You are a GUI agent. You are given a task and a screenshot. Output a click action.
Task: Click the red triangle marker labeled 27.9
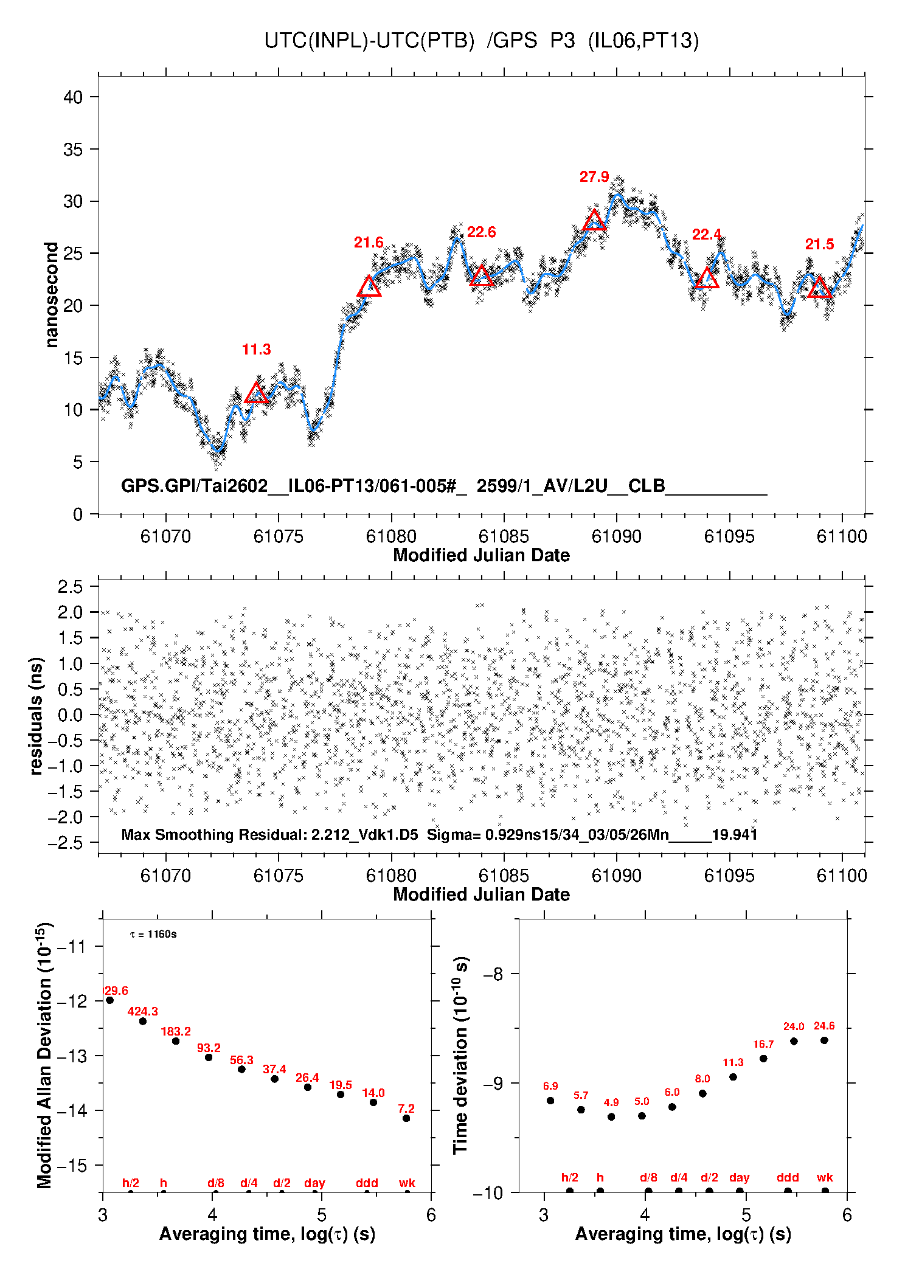[x=594, y=221]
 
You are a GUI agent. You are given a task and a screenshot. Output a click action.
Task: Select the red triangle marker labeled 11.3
[x=256, y=393]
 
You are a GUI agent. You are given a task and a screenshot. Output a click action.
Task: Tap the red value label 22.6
[x=481, y=232]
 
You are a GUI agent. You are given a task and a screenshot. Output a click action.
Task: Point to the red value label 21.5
[x=819, y=244]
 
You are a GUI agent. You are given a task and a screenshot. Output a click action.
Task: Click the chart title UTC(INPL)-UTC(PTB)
[x=369, y=41]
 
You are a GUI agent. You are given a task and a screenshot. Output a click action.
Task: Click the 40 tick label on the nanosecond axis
[x=73, y=97]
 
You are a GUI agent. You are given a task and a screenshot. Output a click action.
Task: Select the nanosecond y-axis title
[x=51, y=295]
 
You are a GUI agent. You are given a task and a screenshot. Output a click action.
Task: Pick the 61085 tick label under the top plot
[x=504, y=537]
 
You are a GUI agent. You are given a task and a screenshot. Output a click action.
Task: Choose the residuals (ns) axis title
[x=36, y=716]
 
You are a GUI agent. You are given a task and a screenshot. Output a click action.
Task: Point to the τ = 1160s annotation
[x=153, y=934]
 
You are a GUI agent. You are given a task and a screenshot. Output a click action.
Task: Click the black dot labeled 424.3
[x=143, y=1021]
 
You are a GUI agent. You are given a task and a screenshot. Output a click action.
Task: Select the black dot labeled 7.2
[x=406, y=1118]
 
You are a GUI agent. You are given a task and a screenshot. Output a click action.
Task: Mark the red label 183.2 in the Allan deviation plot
[x=176, y=1031]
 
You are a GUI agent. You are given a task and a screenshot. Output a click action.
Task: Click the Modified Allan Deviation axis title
[x=44, y=1055]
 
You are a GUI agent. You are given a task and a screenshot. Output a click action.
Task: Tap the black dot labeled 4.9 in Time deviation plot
[x=611, y=1116]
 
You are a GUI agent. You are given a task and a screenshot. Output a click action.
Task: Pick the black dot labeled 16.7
[x=763, y=1059]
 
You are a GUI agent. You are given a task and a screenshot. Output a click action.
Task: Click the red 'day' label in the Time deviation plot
[x=739, y=1178]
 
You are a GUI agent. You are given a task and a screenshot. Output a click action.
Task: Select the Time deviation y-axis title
[x=460, y=1055]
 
